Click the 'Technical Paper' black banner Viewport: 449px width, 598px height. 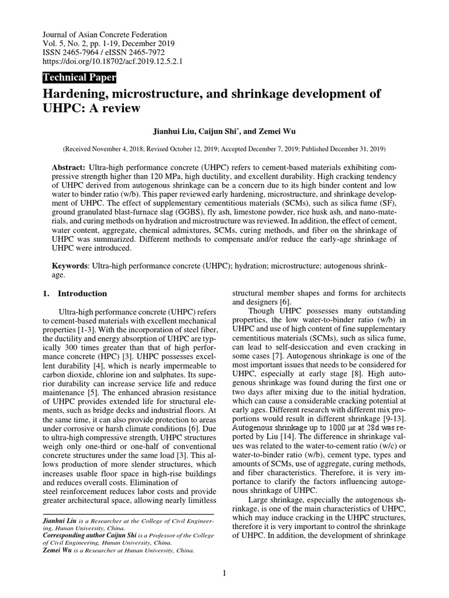tap(80, 78)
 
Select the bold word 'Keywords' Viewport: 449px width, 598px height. tap(70, 266)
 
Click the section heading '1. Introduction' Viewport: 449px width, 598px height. tap(75, 294)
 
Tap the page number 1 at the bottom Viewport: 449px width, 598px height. tap(224, 573)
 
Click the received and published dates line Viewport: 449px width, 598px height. tap(224, 149)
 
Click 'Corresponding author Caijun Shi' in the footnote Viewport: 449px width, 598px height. tap(81, 534)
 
